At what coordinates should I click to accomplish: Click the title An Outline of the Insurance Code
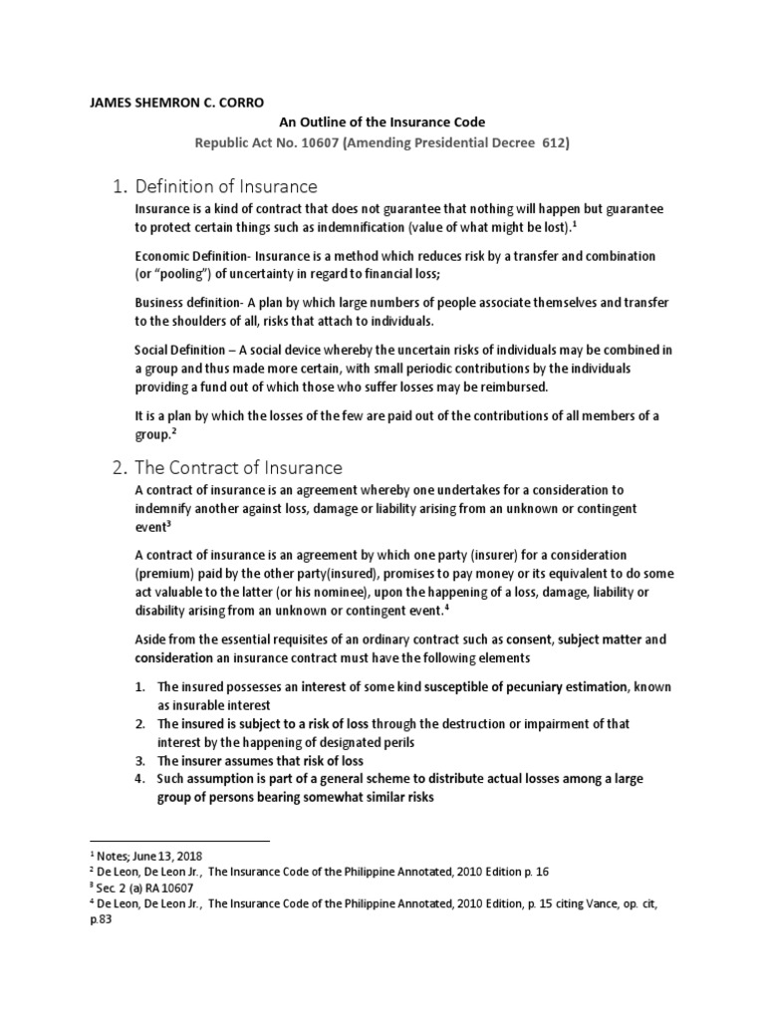[382, 122]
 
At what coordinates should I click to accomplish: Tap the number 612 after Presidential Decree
[554, 142]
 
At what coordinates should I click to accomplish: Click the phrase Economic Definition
[190, 256]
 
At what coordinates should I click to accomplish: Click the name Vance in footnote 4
[606, 904]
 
